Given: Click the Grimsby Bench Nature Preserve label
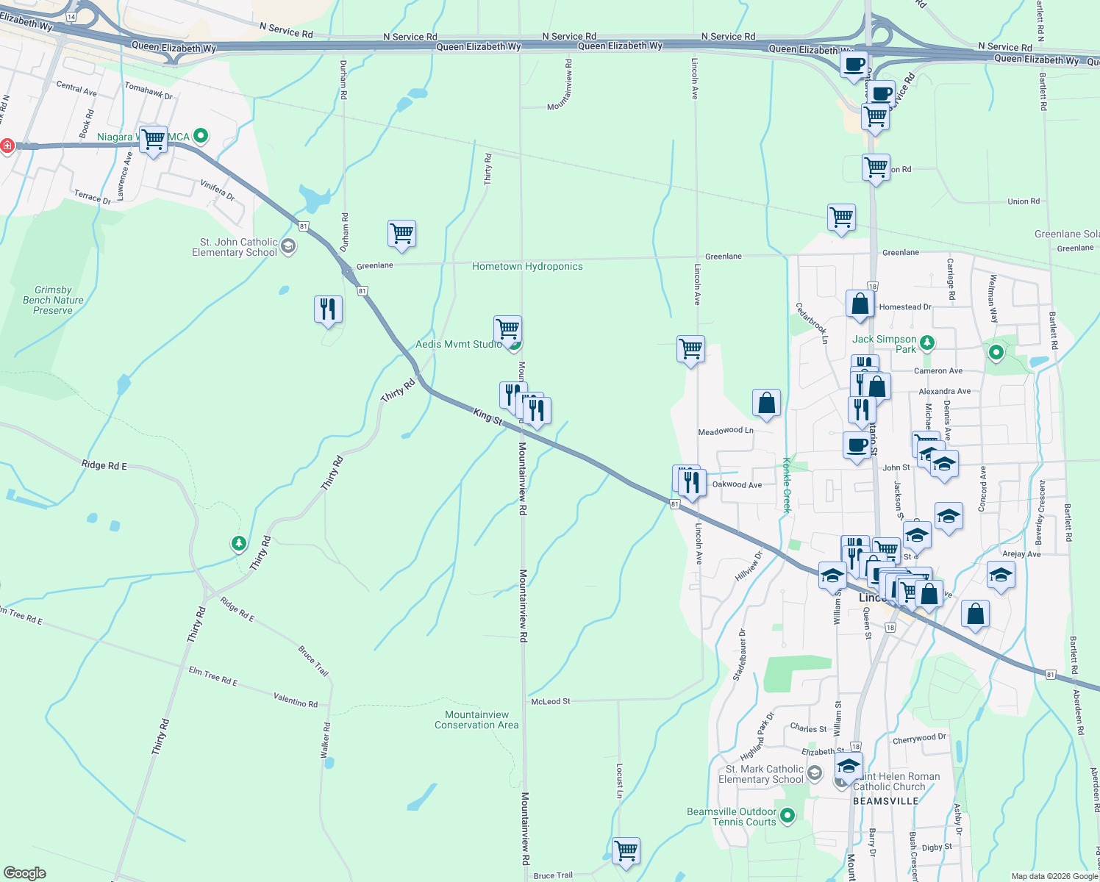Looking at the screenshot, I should point(53,300).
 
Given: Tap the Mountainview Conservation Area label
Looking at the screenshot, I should point(476,720).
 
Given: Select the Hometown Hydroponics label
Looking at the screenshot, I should point(527,266).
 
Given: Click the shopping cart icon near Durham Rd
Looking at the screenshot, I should point(401,234).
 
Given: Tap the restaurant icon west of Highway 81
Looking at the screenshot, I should point(328,309).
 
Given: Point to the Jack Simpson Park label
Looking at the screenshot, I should point(885,343).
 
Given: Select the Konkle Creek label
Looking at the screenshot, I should point(786,485).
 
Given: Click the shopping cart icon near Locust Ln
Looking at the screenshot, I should point(626,851).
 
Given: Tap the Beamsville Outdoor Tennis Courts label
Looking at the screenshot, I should point(732,817).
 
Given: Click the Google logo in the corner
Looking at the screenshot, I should point(25,872).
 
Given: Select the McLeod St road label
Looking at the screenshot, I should point(551,701).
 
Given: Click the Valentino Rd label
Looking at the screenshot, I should point(296,700).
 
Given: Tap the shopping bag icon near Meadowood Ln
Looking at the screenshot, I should point(766,403).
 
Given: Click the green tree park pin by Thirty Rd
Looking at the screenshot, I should point(238,543).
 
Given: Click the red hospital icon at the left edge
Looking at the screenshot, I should point(7,146).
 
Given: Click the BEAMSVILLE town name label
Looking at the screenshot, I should point(885,801).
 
